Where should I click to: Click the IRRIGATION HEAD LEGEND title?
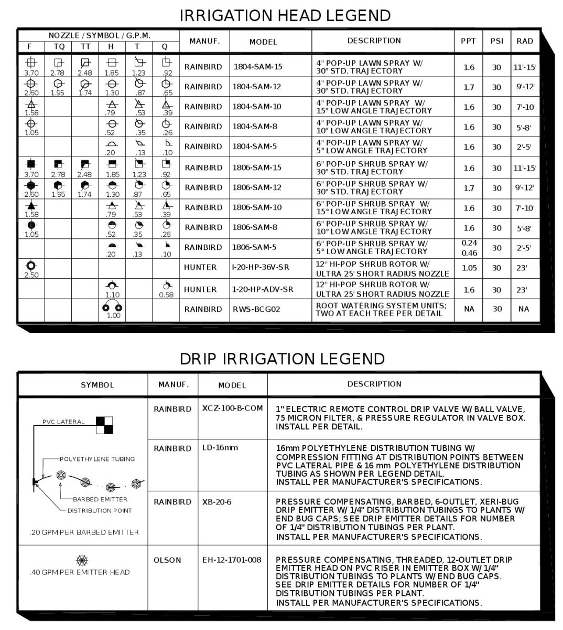coord(285,15)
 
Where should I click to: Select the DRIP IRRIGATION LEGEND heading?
coord(282,359)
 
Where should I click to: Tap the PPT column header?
coord(468,41)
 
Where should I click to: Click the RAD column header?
coord(524,41)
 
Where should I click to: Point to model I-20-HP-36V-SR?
coord(260,267)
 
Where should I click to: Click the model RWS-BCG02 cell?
coord(256,309)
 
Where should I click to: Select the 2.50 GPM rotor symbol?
coord(31,265)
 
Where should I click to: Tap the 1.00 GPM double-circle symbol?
coord(113,307)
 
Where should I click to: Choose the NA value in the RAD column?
coord(524,309)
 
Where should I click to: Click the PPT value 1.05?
coord(469,268)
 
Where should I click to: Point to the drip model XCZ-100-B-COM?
coord(232,409)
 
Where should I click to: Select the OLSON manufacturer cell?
coord(167,560)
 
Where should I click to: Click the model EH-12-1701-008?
coord(231,560)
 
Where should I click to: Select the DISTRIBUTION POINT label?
coord(100,510)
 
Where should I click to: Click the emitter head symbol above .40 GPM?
coord(82,560)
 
